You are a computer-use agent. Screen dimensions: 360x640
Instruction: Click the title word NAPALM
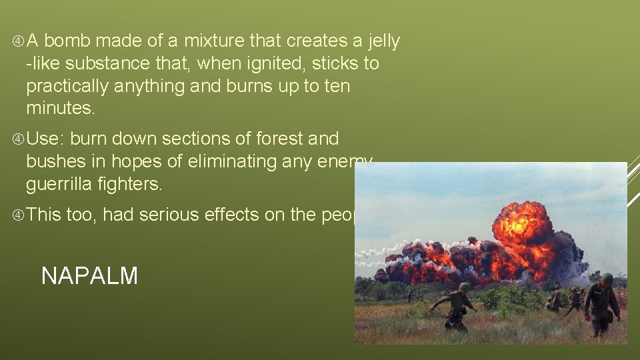89,275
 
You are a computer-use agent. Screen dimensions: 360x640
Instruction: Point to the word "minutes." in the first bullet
59,109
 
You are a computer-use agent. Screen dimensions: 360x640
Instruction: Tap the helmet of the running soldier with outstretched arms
464,287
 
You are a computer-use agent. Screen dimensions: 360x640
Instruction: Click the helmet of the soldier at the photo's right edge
607,279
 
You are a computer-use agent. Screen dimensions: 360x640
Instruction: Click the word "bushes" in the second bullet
55,162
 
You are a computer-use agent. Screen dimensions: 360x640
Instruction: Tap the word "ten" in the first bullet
337,87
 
